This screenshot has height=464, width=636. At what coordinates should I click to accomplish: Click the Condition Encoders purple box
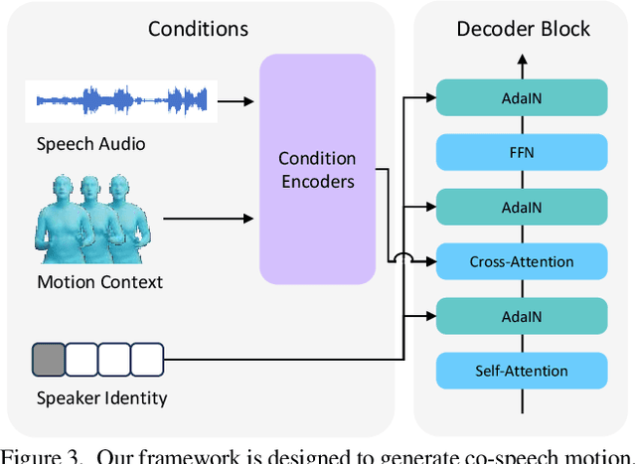pos(317,170)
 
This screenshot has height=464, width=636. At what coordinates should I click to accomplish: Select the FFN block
pos(521,152)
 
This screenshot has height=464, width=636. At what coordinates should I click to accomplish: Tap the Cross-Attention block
pos(521,261)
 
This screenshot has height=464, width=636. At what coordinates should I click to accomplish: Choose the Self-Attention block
pos(521,371)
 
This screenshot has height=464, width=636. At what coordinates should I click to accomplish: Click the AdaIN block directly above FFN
pos(521,97)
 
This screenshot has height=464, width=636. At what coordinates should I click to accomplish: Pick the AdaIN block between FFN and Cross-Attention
pos(521,207)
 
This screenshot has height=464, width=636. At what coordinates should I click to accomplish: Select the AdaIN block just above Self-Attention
pos(521,316)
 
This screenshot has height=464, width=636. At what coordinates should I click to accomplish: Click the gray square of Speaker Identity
pos(49,358)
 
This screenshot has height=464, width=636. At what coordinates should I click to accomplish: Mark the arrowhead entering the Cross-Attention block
pos(430,262)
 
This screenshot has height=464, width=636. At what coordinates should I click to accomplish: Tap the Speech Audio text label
pos(91,144)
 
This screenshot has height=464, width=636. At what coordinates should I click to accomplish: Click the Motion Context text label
pos(99,282)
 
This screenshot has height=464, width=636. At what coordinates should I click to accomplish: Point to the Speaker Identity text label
pos(101,398)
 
